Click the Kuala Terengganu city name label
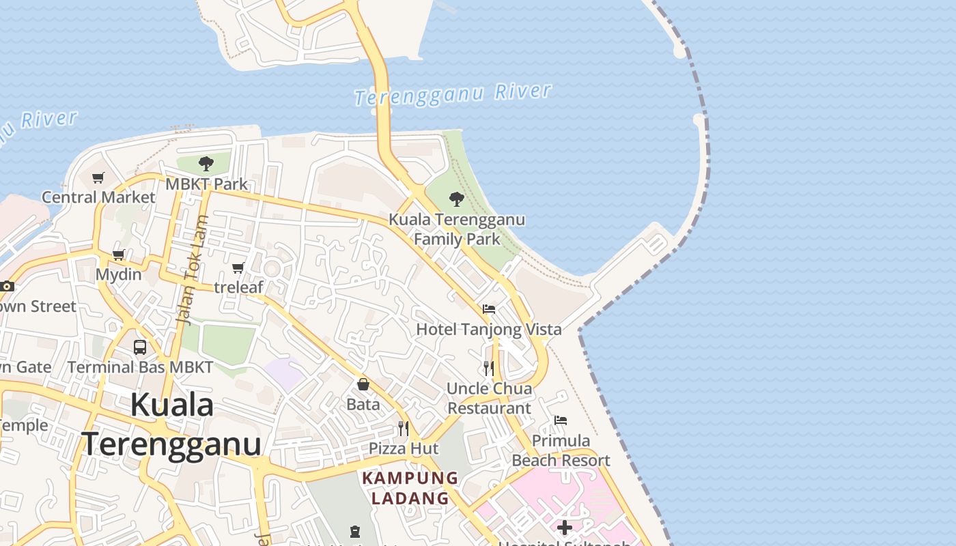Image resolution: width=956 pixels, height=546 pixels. (172, 424)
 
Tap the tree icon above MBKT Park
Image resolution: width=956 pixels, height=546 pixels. (206, 164)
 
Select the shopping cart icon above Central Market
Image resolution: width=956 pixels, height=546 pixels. (98, 178)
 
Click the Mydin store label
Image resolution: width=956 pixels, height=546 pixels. (118, 274)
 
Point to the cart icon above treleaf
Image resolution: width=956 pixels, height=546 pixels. (238, 268)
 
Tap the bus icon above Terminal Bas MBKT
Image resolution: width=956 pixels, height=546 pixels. (140, 347)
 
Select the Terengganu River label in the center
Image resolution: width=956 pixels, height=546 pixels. (453, 94)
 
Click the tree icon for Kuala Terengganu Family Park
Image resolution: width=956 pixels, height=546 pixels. (457, 199)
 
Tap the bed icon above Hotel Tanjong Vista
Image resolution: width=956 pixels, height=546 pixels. (489, 309)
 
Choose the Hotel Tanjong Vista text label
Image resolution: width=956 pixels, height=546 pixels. (489, 329)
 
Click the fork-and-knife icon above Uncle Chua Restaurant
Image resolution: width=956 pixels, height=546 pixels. (489, 369)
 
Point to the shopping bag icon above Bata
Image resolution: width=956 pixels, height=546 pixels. (363, 384)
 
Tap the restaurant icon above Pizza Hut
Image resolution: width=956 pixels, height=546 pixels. (404, 429)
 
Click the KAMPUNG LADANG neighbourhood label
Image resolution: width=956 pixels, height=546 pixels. (410, 488)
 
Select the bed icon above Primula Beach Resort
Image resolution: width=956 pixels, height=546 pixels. (561, 420)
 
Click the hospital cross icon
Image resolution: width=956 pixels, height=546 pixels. (565, 527)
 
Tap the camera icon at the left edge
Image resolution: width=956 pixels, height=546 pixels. (7, 286)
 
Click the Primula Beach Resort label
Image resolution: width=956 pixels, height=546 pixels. (561, 450)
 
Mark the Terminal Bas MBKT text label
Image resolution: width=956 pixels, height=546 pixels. (140, 367)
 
